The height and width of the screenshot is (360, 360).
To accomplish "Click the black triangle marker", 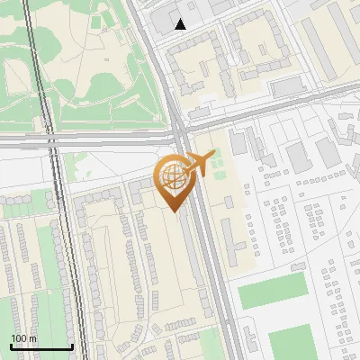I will [x=181, y=24].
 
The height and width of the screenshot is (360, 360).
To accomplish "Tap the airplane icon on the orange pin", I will [x=200, y=164].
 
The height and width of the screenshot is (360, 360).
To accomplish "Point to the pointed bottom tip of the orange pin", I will [x=174, y=211].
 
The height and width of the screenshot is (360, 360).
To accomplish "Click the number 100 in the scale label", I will [x=19, y=338].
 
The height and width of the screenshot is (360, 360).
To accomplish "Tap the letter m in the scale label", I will [x=32, y=338].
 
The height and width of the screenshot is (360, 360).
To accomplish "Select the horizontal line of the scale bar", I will [x=40, y=346].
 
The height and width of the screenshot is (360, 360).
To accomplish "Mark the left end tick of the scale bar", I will [x=11, y=345].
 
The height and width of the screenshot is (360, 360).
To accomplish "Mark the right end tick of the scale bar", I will [x=71, y=345].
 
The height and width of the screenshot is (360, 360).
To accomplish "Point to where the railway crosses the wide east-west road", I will [x=47, y=140].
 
